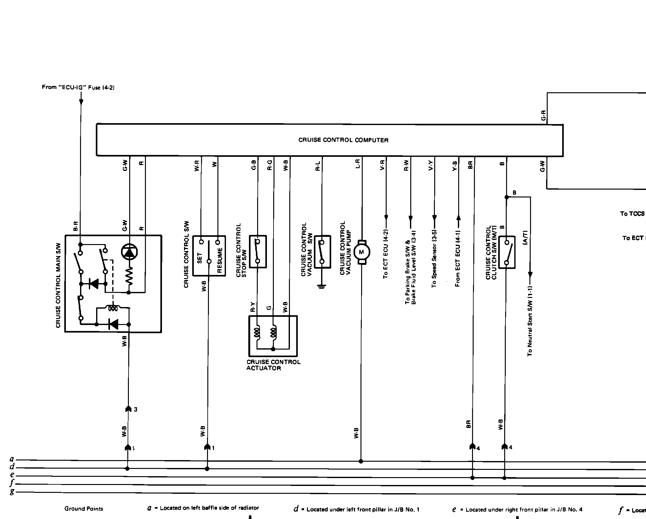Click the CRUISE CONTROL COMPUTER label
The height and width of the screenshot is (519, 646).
point(343,140)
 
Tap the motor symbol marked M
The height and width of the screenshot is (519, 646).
point(361,252)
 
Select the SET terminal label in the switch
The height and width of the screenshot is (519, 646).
point(200,258)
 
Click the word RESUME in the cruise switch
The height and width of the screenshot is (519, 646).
point(220,260)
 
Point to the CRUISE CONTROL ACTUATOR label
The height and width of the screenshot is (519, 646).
point(273,365)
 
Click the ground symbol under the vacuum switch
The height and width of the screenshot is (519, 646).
point(322,286)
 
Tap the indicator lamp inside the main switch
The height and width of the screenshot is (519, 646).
point(129,252)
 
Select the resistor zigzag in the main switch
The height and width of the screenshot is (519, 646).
point(129,276)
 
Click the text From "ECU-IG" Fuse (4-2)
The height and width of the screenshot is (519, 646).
point(78,87)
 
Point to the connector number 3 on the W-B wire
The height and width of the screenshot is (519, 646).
point(135,410)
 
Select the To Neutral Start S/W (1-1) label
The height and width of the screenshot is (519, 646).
point(530,321)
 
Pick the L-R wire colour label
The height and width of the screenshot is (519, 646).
point(357,164)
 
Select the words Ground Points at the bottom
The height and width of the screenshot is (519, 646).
point(84,508)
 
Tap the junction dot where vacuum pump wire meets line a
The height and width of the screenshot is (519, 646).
point(361,461)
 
